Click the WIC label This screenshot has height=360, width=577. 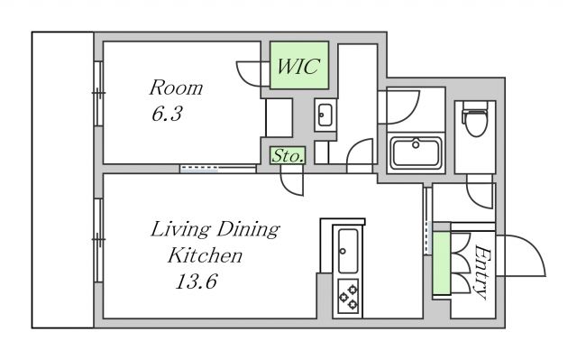click(298, 67)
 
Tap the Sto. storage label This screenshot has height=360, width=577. click(288, 156)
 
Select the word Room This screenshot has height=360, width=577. click(176, 88)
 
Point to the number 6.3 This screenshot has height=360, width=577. click(167, 114)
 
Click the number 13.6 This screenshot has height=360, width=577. click(197, 282)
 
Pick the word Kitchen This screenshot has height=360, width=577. click(205, 255)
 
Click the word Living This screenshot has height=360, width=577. click(180, 230)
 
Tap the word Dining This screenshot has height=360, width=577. click(249, 230)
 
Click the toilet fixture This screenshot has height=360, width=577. click(475, 117)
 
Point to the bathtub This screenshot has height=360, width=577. click(416, 152)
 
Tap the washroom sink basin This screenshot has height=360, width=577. click(325, 115)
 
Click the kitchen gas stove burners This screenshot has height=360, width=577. click(348, 296)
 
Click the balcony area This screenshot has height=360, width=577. click(62, 180)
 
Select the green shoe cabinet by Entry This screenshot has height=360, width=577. click(441, 263)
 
